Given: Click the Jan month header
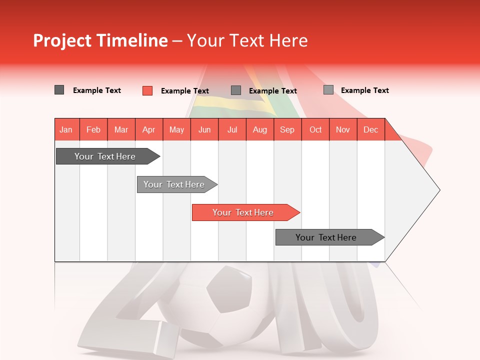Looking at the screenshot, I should pyautogui.click(x=66, y=129).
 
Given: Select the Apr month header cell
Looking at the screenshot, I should pyautogui.click(x=149, y=129).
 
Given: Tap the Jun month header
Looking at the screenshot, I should pyautogui.click(x=204, y=129).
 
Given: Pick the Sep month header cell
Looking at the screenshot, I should pyautogui.click(x=287, y=129).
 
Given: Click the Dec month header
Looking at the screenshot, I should pyautogui.click(x=371, y=129).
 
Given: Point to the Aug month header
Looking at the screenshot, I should pyautogui.click(x=260, y=129).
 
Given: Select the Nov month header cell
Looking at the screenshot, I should pyautogui.click(x=343, y=129).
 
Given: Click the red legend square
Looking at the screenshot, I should pyautogui.click(x=147, y=90).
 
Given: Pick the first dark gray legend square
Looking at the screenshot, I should pyautogui.click(x=59, y=90).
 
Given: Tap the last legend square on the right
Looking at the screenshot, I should pyautogui.click(x=328, y=90).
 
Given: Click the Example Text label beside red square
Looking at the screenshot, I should pyautogui.click(x=185, y=91).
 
